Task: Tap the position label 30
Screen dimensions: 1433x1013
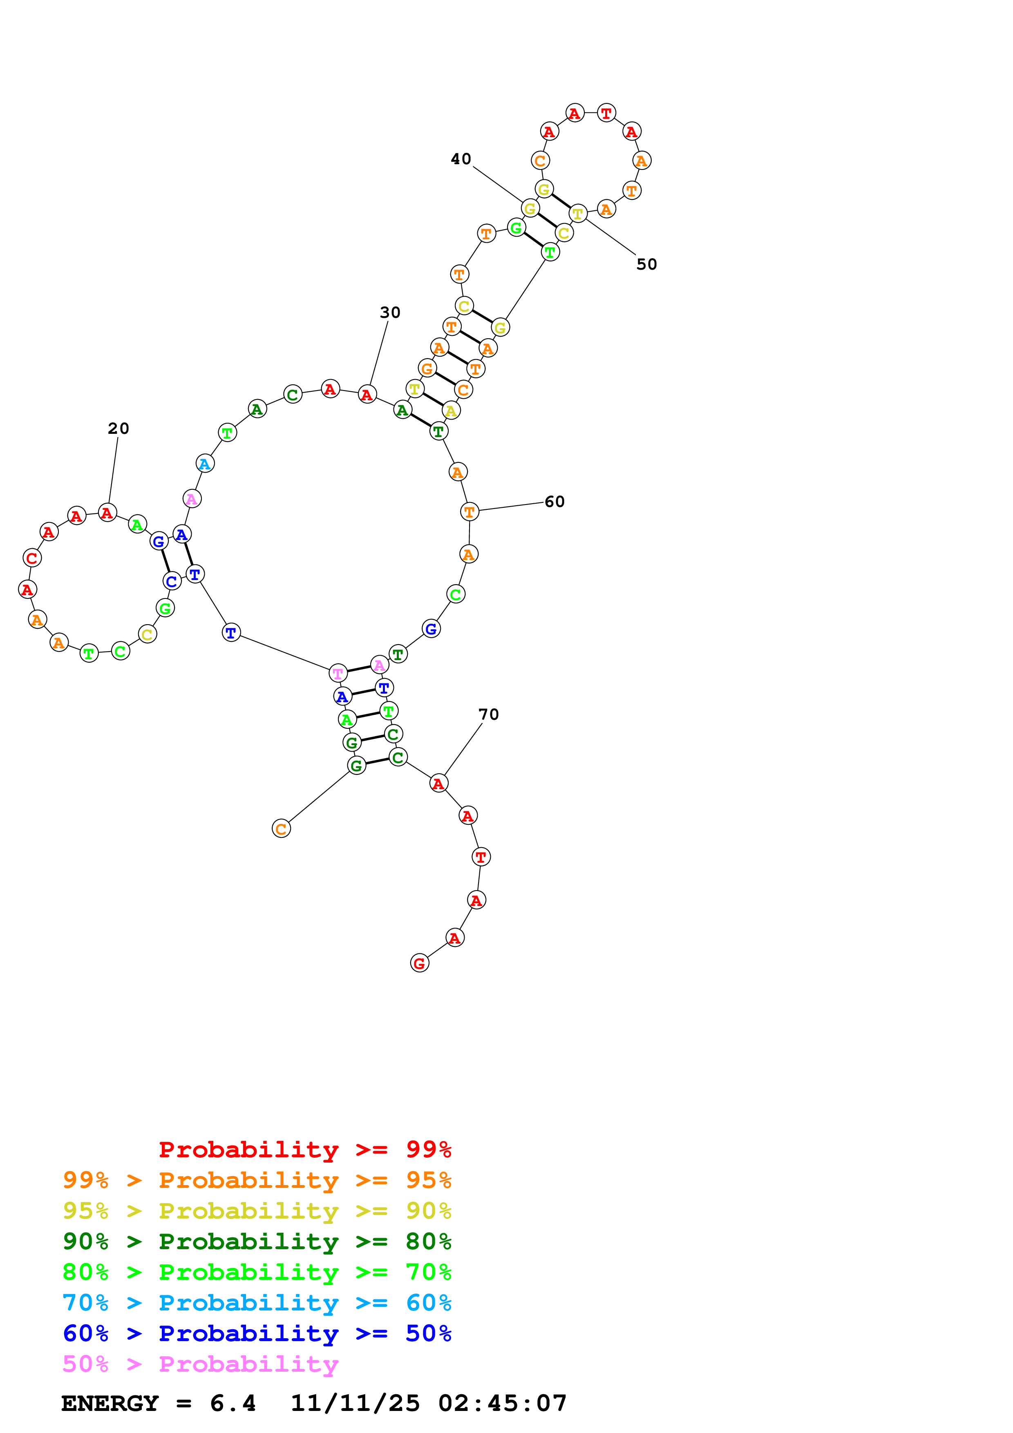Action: (x=390, y=312)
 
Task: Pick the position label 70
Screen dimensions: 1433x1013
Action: (x=489, y=714)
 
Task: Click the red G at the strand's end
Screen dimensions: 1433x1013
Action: (x=419, y=963)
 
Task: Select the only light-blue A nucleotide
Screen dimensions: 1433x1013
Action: (x=205, y=464)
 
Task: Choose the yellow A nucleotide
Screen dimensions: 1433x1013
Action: (x=451, y=411)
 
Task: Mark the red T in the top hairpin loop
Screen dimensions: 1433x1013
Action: (x=606, y=113)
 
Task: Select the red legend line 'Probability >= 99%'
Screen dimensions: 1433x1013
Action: (x=304, y=1149)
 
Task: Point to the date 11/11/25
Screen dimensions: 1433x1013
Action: (x=355, y=1403)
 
